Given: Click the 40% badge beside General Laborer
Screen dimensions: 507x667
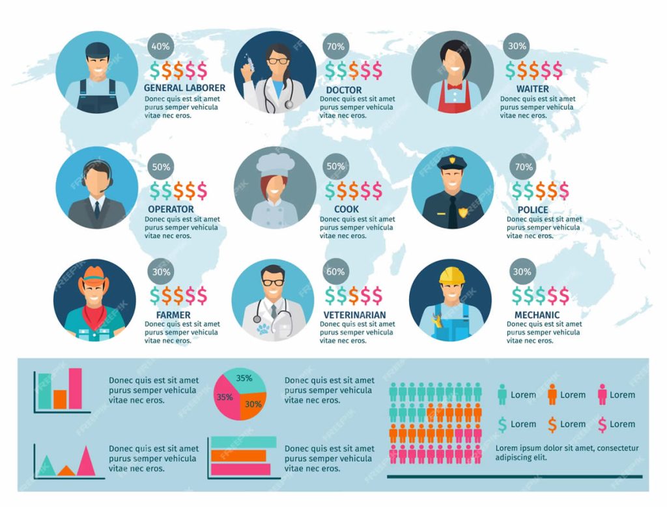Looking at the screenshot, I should tap(160, 46).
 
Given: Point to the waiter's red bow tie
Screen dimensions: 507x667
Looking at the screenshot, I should tap(453, 85).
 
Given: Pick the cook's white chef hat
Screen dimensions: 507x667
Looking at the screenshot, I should tap(275, 164).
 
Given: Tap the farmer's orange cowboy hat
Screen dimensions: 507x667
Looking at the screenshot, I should tap(94, 278).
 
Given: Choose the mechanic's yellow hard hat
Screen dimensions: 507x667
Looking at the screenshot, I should tap(450, 274).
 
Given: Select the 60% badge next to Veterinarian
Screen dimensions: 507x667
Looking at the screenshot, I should tap(335, 272).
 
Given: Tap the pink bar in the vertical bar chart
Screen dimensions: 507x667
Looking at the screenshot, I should tap(76, 388).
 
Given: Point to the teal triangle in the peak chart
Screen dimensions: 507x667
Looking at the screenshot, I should tap(46, 465).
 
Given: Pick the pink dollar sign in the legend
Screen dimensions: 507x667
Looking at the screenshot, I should tap(602, 424).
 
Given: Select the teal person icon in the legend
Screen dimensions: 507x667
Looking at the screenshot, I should tap(502, 395).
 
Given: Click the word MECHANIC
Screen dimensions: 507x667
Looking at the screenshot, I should tap(536, 315).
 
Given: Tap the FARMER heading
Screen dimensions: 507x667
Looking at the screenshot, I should tap(173, 315).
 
